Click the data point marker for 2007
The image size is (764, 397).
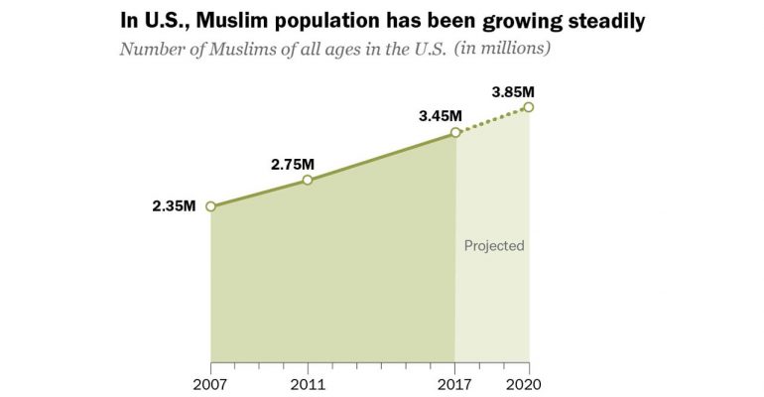pos(210,206)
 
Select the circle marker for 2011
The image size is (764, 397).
pos(308,180)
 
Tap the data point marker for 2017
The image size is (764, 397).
pos(455,132)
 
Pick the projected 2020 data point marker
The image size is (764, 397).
pos(529,107)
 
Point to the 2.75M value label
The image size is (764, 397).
pos(293,162)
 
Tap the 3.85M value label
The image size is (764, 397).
pos(515,92)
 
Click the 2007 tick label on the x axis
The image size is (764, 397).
pos(210,382)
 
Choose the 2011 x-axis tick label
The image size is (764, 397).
pos(308,382)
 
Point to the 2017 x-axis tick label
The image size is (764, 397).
pos(455,382)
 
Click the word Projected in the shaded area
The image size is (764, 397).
pos(494,245)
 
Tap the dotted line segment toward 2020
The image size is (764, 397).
pos(492,120)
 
